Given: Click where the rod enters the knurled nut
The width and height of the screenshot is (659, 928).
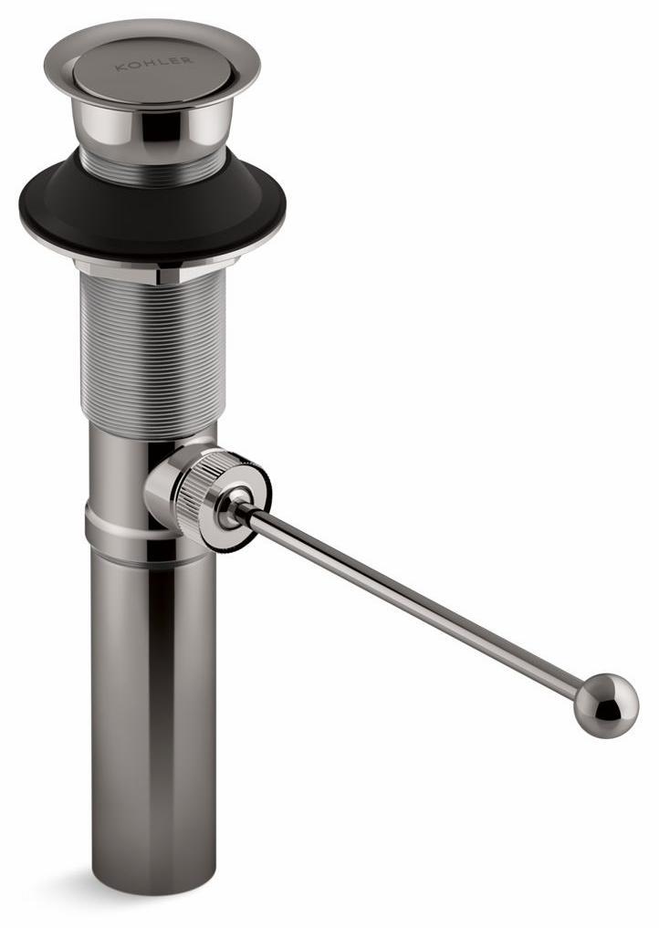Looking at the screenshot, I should coord(240,504).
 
